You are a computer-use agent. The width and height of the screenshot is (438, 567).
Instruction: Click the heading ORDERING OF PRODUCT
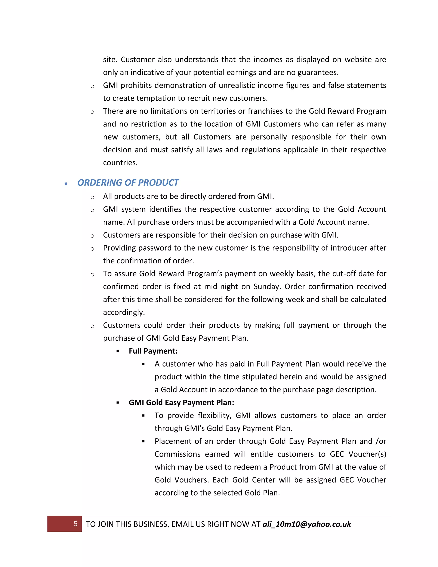coord(128,183)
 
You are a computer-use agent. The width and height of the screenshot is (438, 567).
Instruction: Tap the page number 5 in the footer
coord(75,524)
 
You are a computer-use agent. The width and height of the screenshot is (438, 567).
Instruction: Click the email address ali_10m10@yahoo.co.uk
coord(307,524)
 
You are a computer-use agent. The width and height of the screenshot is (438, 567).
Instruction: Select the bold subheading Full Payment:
coord(153,351)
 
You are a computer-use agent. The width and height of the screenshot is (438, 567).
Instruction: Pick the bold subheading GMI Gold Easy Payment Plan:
coord(181,403)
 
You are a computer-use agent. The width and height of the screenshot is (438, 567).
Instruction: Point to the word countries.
coord(120,163)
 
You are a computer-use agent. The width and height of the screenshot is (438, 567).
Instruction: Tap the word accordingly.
coord(124,312)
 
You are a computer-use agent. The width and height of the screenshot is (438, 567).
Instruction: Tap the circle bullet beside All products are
coord(92,197)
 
